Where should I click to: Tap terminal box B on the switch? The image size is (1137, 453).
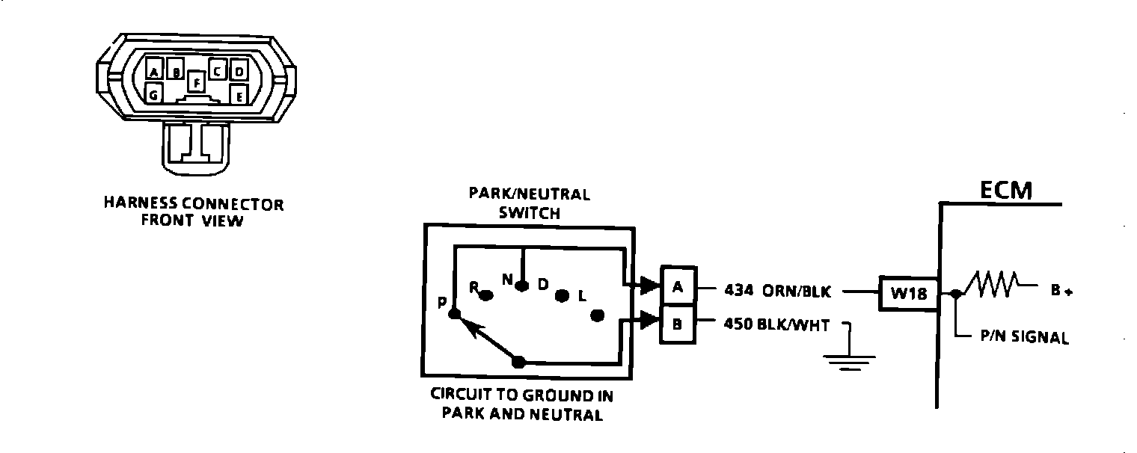(678, 325)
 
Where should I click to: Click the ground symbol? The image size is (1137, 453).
(849, 362)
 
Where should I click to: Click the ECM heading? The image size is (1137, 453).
(1006, 191)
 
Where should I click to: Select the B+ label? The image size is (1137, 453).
(1061, 292)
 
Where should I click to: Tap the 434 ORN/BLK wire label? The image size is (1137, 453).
(777, 292)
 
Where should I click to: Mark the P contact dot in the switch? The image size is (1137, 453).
(454, 316)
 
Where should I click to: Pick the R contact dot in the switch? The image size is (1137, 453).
(485, 295)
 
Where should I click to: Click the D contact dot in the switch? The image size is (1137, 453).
(563, 296)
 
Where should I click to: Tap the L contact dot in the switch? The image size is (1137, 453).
(597, 315)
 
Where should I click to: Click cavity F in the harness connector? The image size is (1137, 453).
(196, 81)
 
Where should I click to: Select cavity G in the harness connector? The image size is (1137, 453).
(153, 95)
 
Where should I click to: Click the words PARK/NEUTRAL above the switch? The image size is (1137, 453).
(529, 194)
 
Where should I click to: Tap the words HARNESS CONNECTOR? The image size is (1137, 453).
(194, 204)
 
